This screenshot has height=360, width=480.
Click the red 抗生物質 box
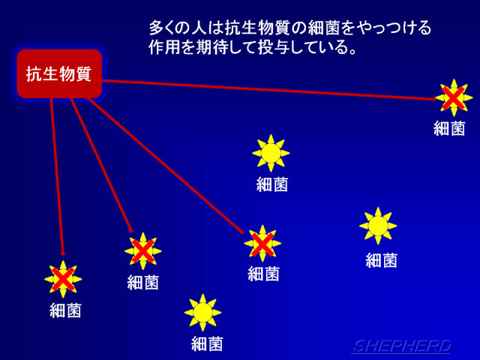59,73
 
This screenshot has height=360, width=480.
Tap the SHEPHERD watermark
402,346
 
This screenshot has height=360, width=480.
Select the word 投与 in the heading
274,47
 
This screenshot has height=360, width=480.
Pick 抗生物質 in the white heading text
256,28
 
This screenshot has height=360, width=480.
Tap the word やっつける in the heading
393,28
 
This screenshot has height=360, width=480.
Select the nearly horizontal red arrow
269,90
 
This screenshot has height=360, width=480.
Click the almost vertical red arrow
57,177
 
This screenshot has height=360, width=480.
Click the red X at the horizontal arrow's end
453,98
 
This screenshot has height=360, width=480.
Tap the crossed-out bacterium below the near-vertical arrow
63,279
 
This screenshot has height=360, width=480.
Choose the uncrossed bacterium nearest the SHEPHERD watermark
378,226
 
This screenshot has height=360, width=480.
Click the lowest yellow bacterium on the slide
202,313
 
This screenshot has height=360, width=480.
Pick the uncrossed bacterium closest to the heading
271,153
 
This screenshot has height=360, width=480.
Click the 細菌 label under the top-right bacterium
449,128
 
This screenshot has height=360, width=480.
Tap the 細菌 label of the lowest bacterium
207,343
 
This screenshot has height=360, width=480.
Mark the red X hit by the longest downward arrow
262,244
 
